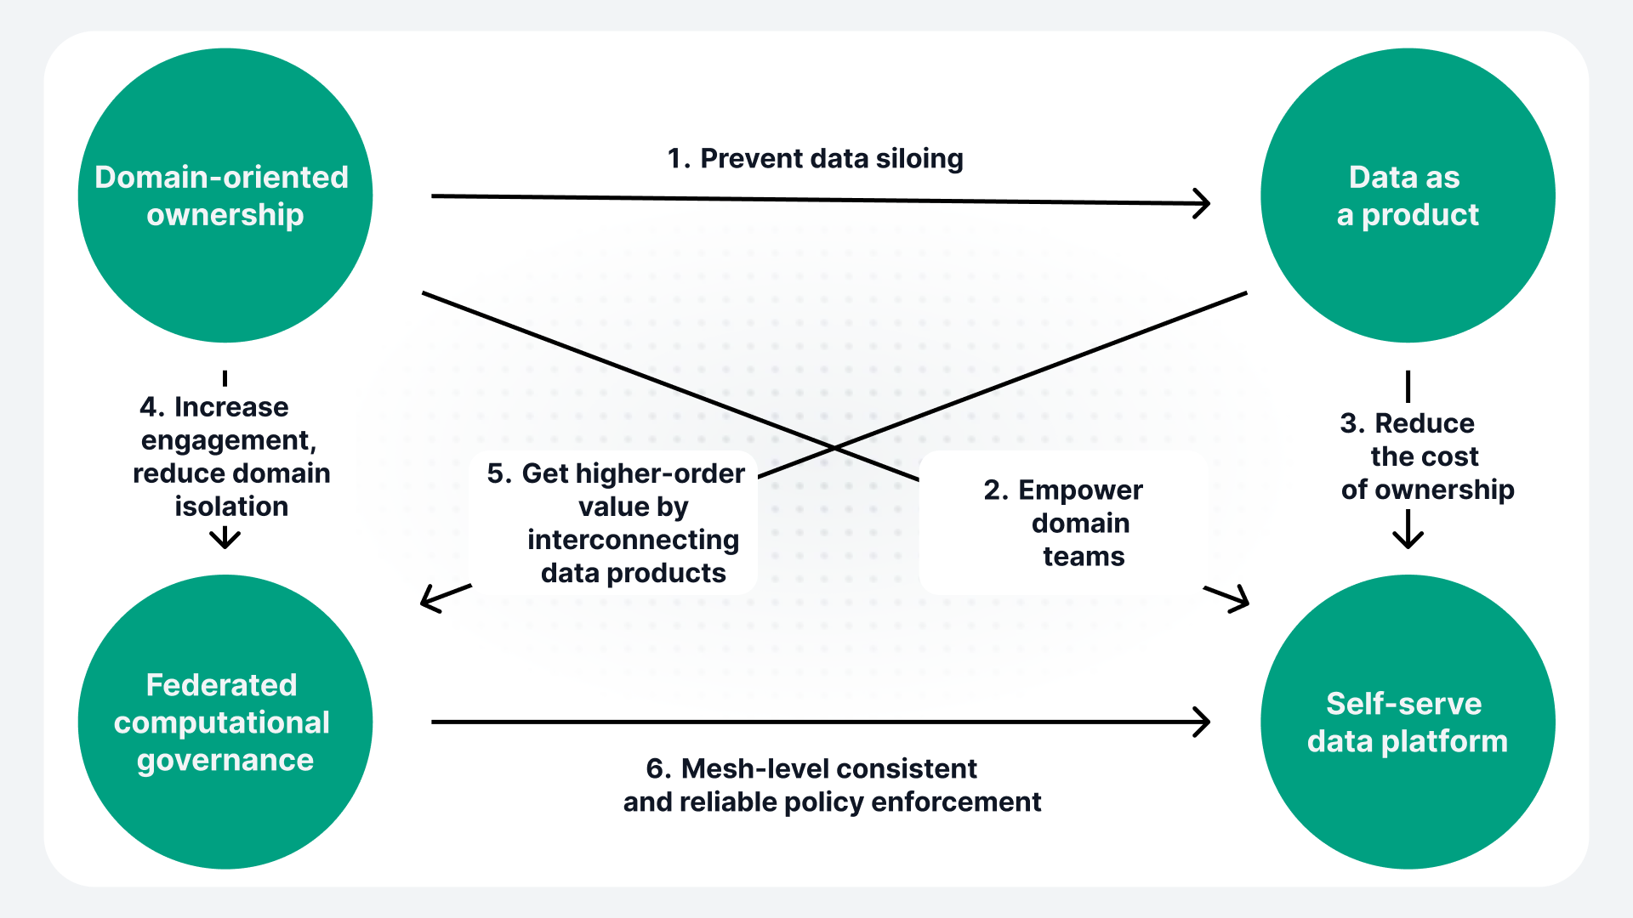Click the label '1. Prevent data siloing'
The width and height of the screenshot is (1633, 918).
(x=815, y=159)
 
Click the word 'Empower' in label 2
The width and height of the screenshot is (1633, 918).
(x=1080, y=490)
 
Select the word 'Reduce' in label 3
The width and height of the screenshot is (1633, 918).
(x=1425, y=423)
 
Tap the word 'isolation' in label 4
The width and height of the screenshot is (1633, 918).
(x=231, y=507)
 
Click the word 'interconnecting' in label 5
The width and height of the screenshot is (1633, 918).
(x=633, y=540)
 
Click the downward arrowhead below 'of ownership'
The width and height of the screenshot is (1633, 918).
(x=1408, y=541)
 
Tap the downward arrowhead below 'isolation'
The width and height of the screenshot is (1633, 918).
(x=225, y=541)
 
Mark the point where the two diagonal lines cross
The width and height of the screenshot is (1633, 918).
(x=834, y=447)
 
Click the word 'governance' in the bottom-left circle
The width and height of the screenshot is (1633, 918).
(x=225, y=760)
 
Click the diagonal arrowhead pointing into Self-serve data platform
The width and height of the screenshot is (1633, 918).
(x=1242, y=602)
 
